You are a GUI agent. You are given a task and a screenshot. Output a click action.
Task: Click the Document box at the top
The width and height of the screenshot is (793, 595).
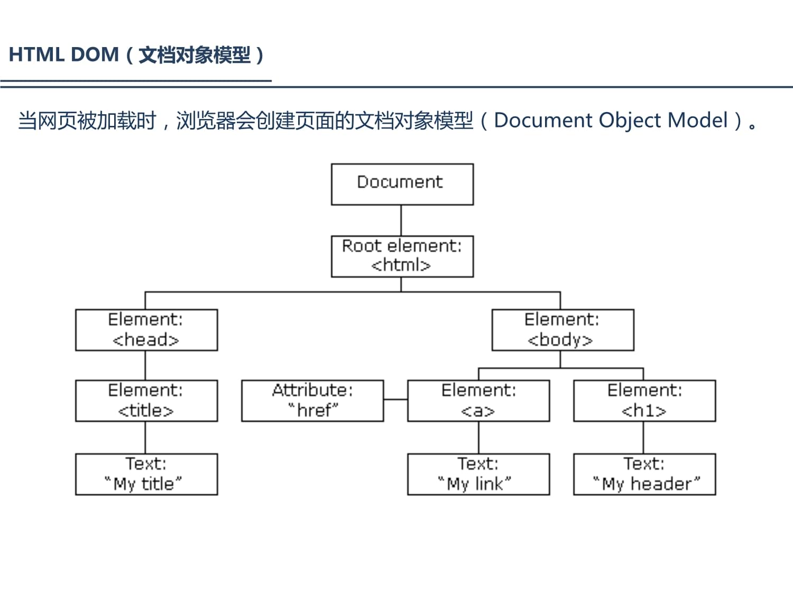[x=402, y=184]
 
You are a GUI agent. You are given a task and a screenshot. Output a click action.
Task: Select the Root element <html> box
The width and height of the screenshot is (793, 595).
[x=402, y=257]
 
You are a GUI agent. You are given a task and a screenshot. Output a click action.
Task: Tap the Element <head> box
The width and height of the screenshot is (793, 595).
[x=146, y=330]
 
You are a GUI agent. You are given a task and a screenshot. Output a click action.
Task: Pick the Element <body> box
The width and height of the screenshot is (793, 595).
[x=563, y=330]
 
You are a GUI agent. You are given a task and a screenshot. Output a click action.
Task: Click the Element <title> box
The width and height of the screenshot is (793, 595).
[x=146, y=401]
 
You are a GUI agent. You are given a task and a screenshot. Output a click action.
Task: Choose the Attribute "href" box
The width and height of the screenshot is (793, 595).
[x=312, y=401]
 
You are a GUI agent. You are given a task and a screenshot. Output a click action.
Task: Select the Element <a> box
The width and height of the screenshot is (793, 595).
[x=478, y=401]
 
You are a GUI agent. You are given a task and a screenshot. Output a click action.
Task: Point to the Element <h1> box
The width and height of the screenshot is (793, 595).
[x=644, y=401]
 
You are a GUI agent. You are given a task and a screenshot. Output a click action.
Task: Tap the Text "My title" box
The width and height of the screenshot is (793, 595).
[x=146, y=474]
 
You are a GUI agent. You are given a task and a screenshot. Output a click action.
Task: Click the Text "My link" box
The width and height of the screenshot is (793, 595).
[x=478, y=474]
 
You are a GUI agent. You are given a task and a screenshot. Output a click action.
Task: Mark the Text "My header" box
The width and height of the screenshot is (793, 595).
[x=644, y=474]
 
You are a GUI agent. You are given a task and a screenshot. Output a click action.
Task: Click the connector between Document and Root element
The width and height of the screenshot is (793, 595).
[x=401, y=221]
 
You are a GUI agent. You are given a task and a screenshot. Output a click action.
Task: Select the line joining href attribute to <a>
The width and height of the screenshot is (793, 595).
[x=395, y=399]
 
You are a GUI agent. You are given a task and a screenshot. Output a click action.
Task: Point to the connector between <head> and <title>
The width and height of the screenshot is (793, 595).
[x=145, y=365]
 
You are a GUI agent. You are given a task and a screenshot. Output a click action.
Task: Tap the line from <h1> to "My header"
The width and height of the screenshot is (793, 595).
[x=643, y=437]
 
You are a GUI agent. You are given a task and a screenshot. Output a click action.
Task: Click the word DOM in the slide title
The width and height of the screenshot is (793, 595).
[x=95, y=55]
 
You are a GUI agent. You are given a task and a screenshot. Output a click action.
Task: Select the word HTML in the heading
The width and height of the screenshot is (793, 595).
[x=36, y=55]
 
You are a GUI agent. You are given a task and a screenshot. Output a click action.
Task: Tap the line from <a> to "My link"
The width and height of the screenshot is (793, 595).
[x=478, y=437]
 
